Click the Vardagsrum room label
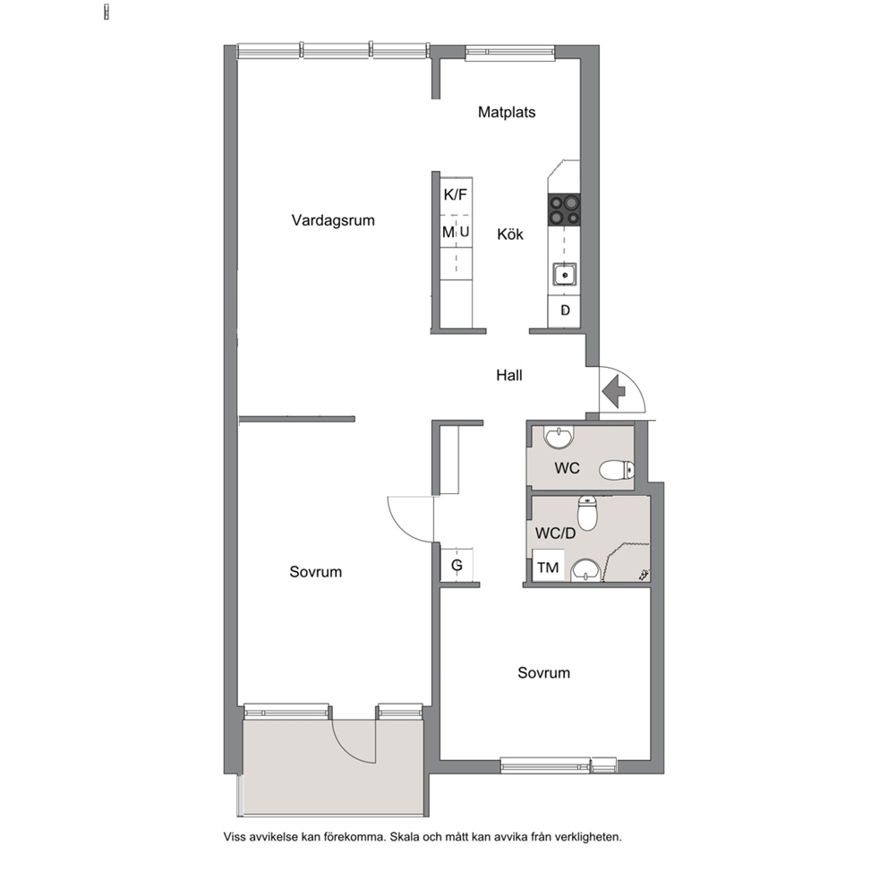333,220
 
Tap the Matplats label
507,112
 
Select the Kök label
510,234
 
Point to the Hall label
509,375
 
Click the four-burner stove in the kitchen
563,209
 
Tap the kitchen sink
565,275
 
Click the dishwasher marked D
565,311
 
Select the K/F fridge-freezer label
456,195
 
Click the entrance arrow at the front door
613,390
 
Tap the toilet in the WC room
617,469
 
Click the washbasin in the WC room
559,437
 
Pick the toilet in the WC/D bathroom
587,513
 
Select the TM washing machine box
548,566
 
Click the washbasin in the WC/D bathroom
585,570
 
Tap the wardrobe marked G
457,565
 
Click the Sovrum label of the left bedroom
315,572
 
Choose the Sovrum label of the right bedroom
543,673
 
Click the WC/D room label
556,533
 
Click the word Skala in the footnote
405,836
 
